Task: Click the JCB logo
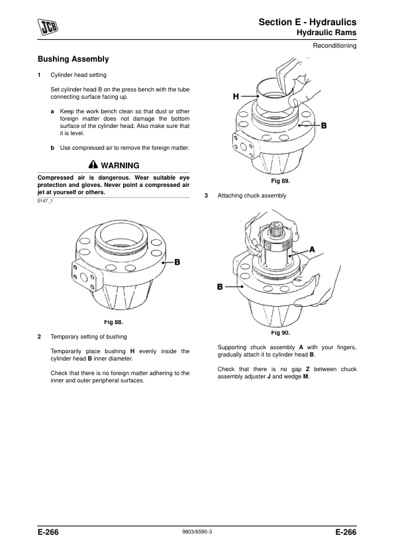tap(48, 27)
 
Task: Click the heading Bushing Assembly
tap(74, 59)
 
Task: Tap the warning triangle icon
tap(93, 165)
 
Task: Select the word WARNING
tap(121, 166)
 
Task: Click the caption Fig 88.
tap(113, 322)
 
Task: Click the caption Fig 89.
tap(281, 181)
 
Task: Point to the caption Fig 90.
tap(281, 333)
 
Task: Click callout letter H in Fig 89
tap(236, 97)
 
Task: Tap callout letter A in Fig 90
tap(312, 249)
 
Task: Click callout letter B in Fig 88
tap(177, 262)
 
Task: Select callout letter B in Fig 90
tap(220, 287)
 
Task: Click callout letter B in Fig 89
tap(324, 126)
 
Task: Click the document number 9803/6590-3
tap(197, 531)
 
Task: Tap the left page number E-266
tap(48, 532)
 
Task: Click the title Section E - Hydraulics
tap(308, 22)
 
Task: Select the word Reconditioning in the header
tap(334, 46)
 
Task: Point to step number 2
tap(40, 337)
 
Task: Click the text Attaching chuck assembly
tap(252, 195)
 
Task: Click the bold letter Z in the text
tap(308, 369)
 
